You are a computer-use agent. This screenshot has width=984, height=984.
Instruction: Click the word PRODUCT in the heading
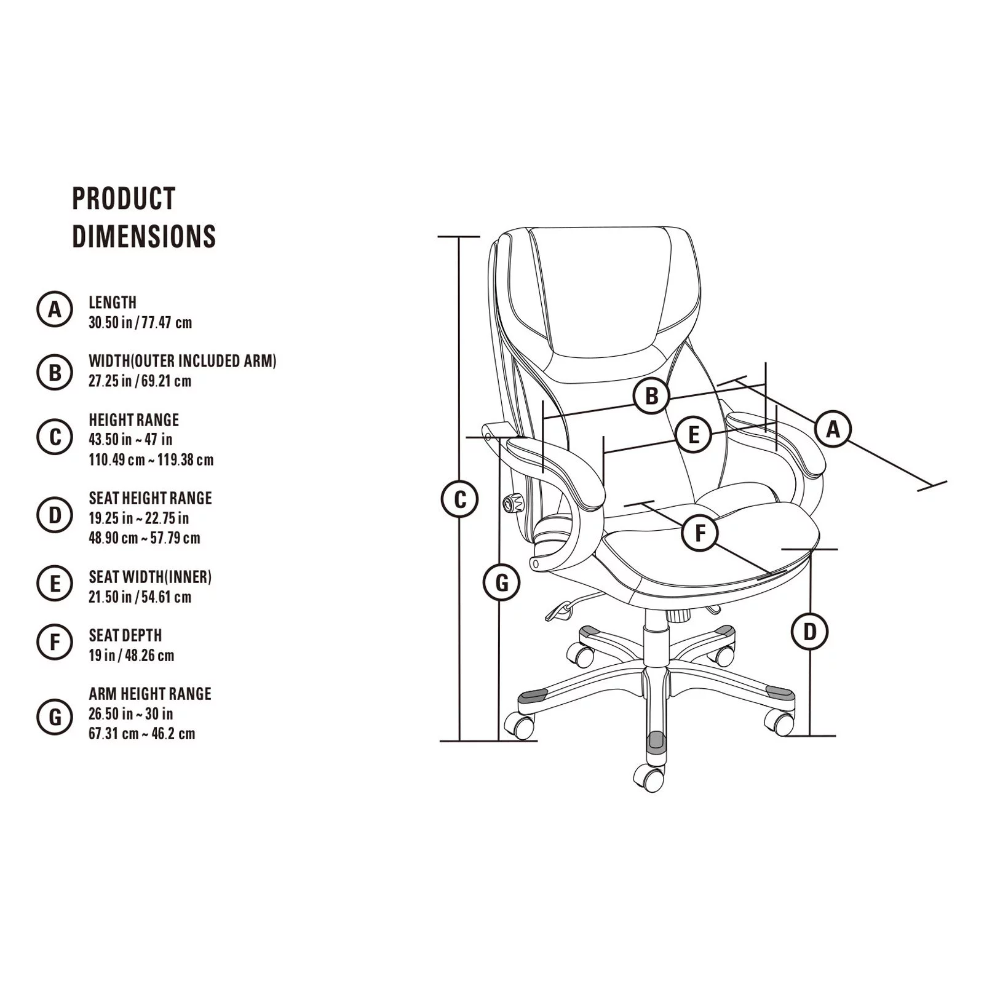coord(124,198)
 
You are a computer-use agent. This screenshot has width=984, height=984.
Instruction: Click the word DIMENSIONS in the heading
coord(144,236)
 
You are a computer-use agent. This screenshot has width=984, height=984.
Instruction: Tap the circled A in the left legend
coord(55,309)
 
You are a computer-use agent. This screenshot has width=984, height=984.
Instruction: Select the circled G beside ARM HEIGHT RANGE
coord(55,716)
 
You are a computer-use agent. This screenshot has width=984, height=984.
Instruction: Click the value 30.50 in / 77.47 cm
coord(140,322)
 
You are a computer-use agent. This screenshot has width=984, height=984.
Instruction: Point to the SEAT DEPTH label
coord(125,635)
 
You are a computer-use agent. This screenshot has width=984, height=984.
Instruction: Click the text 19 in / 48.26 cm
coord(132,656)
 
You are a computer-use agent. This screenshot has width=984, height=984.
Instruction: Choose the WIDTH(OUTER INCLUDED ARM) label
coord(183,361)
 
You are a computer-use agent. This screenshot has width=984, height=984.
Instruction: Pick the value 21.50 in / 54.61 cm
coord(140,597)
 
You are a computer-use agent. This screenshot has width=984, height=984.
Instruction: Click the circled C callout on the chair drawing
coord(460,499)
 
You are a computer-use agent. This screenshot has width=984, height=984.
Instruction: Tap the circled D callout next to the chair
coord(810,632)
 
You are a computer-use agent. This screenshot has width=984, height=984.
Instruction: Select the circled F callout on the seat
coord(700,533)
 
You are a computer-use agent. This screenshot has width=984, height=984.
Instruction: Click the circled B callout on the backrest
coord(651,395)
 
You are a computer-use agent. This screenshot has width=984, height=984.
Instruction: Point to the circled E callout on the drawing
coord(693,435)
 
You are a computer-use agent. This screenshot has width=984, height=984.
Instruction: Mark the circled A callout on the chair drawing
coord(833,429)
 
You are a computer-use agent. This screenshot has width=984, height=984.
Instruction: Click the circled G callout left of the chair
coord(502,582)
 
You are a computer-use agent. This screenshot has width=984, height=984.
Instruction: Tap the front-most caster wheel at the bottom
coord(649,779)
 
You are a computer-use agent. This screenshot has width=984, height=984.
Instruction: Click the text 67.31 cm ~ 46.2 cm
coord(142,734)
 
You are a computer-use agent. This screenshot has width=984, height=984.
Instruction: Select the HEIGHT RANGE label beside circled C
coord(133,420)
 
